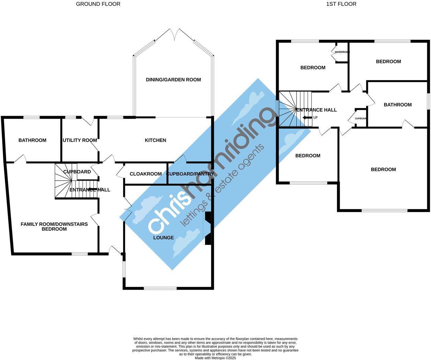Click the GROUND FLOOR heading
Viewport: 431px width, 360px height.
pyautogui.click(x=98, y=4)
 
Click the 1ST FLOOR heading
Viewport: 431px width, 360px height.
pyautogui.click(x=341, y=4)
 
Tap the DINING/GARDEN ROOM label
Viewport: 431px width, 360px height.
pyautogui.click(x=173, y=80)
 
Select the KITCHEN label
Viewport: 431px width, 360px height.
pyautogui.click(x=155, y=140)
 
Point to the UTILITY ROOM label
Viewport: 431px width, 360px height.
pyautogui.click(x=80, y=140)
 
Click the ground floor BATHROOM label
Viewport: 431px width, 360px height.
pyautogui.click(x=32, y=140)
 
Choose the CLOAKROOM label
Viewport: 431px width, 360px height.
pyautogui.click(x=145, y=174)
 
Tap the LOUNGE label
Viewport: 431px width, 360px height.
pyautogui.click(x=163, y=238)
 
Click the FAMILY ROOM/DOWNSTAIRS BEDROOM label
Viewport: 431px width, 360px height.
pyautogui.click(x=54, y=226)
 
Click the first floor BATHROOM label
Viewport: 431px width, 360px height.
pyautogui.click(x=398, y=105)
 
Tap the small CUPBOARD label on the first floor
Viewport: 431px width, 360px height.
pyautogui.click(x=361, y=119)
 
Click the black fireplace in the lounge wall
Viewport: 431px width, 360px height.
pyautogui.click(x=208, y=228)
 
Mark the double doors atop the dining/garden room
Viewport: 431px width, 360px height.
pyautogui.click(x=175, y=34)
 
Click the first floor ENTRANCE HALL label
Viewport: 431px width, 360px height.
pyautogui.click(x=316, y=110)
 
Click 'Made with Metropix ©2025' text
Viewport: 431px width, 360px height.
pyautogui.click(x=215, y=358)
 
